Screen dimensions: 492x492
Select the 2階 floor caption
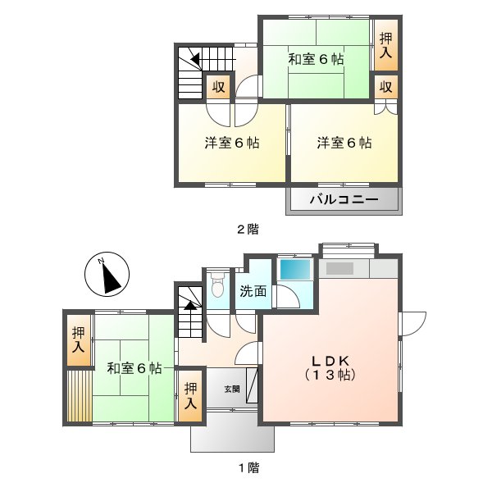coord(247,230)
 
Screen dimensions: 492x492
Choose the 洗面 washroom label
coord(253,289)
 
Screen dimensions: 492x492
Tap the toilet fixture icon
coord(217,287)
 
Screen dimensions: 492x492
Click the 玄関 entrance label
coord(232,389)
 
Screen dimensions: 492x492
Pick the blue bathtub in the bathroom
coord(293,269)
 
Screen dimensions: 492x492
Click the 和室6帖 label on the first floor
coord(134,369)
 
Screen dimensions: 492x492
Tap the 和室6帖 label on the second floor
coord(316,60)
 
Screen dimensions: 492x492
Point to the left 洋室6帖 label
coord(232,143)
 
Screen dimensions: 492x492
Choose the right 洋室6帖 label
coord(344,143)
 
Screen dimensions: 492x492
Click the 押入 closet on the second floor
coord(385,46)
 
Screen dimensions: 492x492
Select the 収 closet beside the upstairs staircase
coord(218,86)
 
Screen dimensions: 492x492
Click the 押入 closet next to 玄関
coord(190,396)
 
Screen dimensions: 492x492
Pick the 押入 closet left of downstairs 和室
coord(78,339)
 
